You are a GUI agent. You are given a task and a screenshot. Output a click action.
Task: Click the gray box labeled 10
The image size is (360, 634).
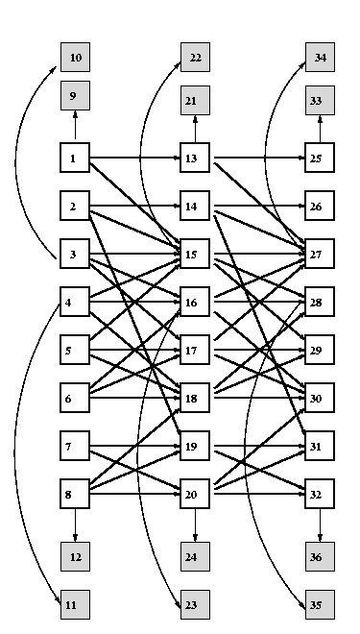point(75,57)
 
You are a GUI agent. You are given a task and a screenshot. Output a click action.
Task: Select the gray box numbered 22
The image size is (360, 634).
point(195,57)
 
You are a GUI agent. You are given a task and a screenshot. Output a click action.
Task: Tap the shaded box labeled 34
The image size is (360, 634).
point(320,57)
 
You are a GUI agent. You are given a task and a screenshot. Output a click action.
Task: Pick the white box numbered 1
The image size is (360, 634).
point(75,158)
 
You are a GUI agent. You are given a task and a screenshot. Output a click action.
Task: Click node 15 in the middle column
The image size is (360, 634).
point(195,254)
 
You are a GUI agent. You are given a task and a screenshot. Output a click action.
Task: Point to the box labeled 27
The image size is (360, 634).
point(320,254)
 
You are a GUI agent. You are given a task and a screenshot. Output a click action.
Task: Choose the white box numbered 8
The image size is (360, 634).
point(75,494)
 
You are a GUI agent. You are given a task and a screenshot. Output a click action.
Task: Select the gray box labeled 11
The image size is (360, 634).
point(75,604)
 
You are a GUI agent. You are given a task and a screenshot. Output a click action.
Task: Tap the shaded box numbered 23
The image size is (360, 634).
point(195,604)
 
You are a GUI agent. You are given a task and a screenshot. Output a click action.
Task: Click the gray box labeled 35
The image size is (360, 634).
point(320,604)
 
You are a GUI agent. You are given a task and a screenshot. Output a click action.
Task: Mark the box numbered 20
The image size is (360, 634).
point(195,494)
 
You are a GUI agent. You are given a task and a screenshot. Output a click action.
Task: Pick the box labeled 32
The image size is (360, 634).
point(320,494)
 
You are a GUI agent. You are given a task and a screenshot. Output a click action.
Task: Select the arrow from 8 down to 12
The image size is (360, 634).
point(75,525)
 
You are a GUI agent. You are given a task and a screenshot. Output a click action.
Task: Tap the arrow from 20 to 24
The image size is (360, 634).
point(195,525)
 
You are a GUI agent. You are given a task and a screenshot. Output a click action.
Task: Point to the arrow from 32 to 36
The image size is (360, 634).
point(320,525)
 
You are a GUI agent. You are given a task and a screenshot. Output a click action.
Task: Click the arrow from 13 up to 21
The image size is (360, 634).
point(195,129)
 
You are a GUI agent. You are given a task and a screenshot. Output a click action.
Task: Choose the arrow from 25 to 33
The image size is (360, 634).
point(320,129)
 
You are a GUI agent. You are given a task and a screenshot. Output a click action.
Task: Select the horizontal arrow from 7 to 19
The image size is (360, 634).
point(135,446)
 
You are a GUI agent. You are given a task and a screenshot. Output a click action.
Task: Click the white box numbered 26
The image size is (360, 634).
point(320,206)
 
